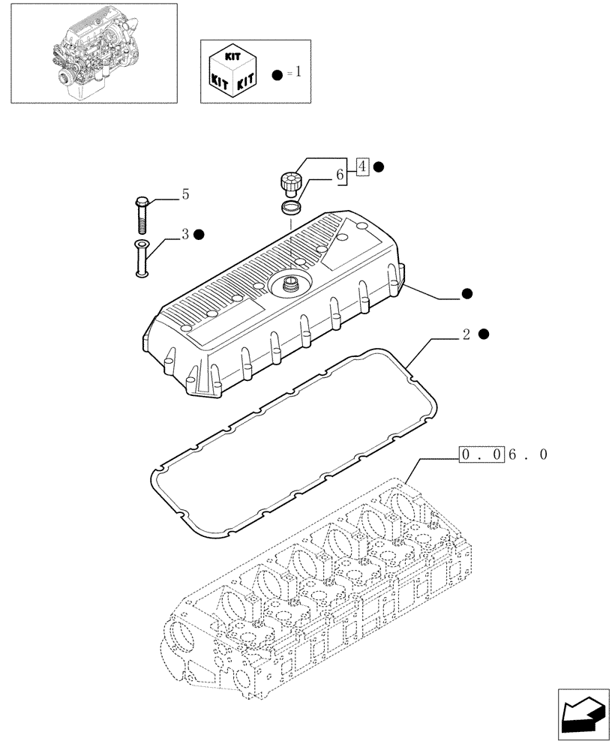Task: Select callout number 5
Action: [x=184, y=195]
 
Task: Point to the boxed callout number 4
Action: [x=362, y=166]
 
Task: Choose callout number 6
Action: [x=340, y=175]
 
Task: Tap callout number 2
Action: [x=466, y=334]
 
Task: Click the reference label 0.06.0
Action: [x=503, y=455]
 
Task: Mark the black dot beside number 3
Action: [x=199, y=235]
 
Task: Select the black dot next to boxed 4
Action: [x=379, y=166]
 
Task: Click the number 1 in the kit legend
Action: [x=298, y=73]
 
